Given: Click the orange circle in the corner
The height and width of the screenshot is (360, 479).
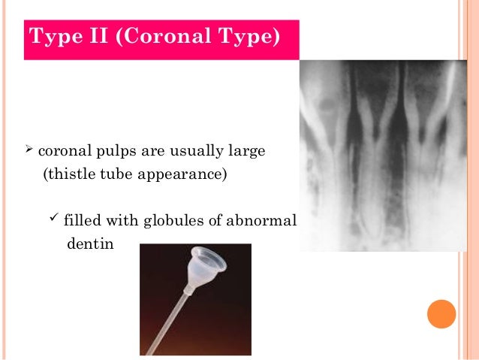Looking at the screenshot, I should [x=441, y=313].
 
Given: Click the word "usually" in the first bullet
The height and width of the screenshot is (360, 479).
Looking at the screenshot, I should [x=191, y=153].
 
